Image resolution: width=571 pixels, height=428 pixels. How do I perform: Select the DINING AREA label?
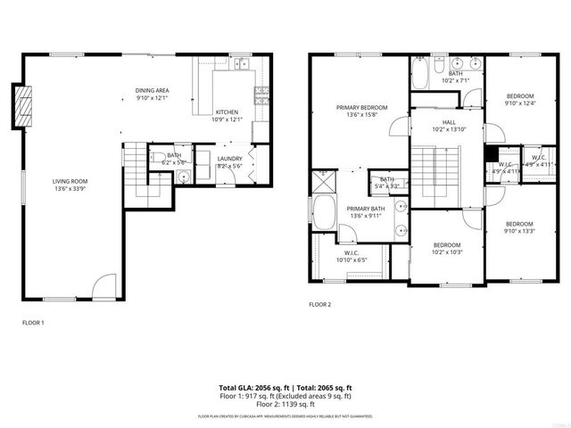[153, 91]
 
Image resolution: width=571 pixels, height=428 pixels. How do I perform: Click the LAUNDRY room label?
[230, 159]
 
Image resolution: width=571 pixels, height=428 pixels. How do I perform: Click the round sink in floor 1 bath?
[182, 177]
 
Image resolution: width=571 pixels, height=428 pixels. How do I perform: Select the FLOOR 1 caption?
[33, 322]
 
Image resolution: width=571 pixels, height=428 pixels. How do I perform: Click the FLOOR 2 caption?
[319, 305]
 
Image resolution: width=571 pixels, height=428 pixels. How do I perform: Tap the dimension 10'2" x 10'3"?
[447, 252]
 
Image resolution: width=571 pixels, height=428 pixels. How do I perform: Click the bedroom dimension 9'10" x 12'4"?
[520, 103]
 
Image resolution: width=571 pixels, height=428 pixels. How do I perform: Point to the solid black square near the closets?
[490, 152]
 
